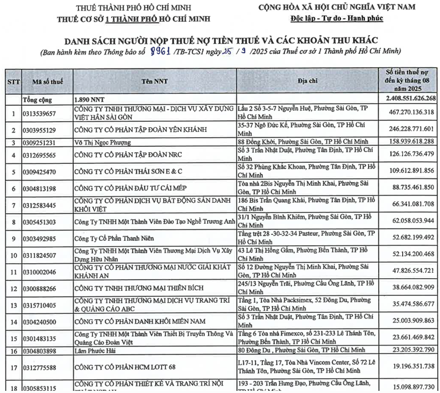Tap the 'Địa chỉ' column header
(308, 81)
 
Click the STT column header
(13, 81)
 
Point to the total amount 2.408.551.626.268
(410, 99)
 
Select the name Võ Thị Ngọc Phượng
(102, 143)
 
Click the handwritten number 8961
(162, 51)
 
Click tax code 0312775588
(38, 367)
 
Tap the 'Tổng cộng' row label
(38, 99)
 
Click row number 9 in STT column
(13, 238)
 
